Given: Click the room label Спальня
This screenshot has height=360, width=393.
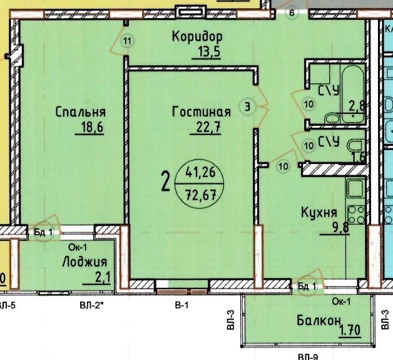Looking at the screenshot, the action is (x=81, y=112).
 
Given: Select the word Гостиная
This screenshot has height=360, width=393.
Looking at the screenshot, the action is (x=202, y=112).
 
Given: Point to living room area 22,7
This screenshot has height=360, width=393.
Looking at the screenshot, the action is (x=208, y=128).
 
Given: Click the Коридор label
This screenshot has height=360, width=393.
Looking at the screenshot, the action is (x=197, y=37).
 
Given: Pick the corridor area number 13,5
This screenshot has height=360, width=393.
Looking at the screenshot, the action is (x=209, y=52).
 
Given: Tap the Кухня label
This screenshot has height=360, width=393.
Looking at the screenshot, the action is (x=319, y=213).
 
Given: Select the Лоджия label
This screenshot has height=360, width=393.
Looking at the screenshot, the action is (x=84, y=262).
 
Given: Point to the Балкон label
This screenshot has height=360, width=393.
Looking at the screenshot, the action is (x=319, y=321).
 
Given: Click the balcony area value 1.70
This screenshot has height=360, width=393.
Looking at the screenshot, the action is (x=350, y=330).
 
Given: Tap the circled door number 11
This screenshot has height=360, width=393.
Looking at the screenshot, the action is (x=128, y=41).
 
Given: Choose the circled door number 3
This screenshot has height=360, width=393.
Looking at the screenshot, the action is (x=247, y=107).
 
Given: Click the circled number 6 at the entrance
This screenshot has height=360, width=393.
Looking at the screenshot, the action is (x=292, y=13).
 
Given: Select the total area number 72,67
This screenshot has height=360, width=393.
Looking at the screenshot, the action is (x=200, y=195).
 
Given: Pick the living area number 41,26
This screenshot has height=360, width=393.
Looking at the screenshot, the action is (x=200, y=172).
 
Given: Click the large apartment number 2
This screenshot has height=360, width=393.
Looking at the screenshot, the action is (x=166, y=182).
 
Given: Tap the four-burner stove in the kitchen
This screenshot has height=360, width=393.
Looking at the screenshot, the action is (x=356, y=215).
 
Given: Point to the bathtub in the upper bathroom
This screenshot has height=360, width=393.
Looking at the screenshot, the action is (x=352, y=95).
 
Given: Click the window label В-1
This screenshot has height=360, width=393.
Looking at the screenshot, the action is (x=181, y=305).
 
